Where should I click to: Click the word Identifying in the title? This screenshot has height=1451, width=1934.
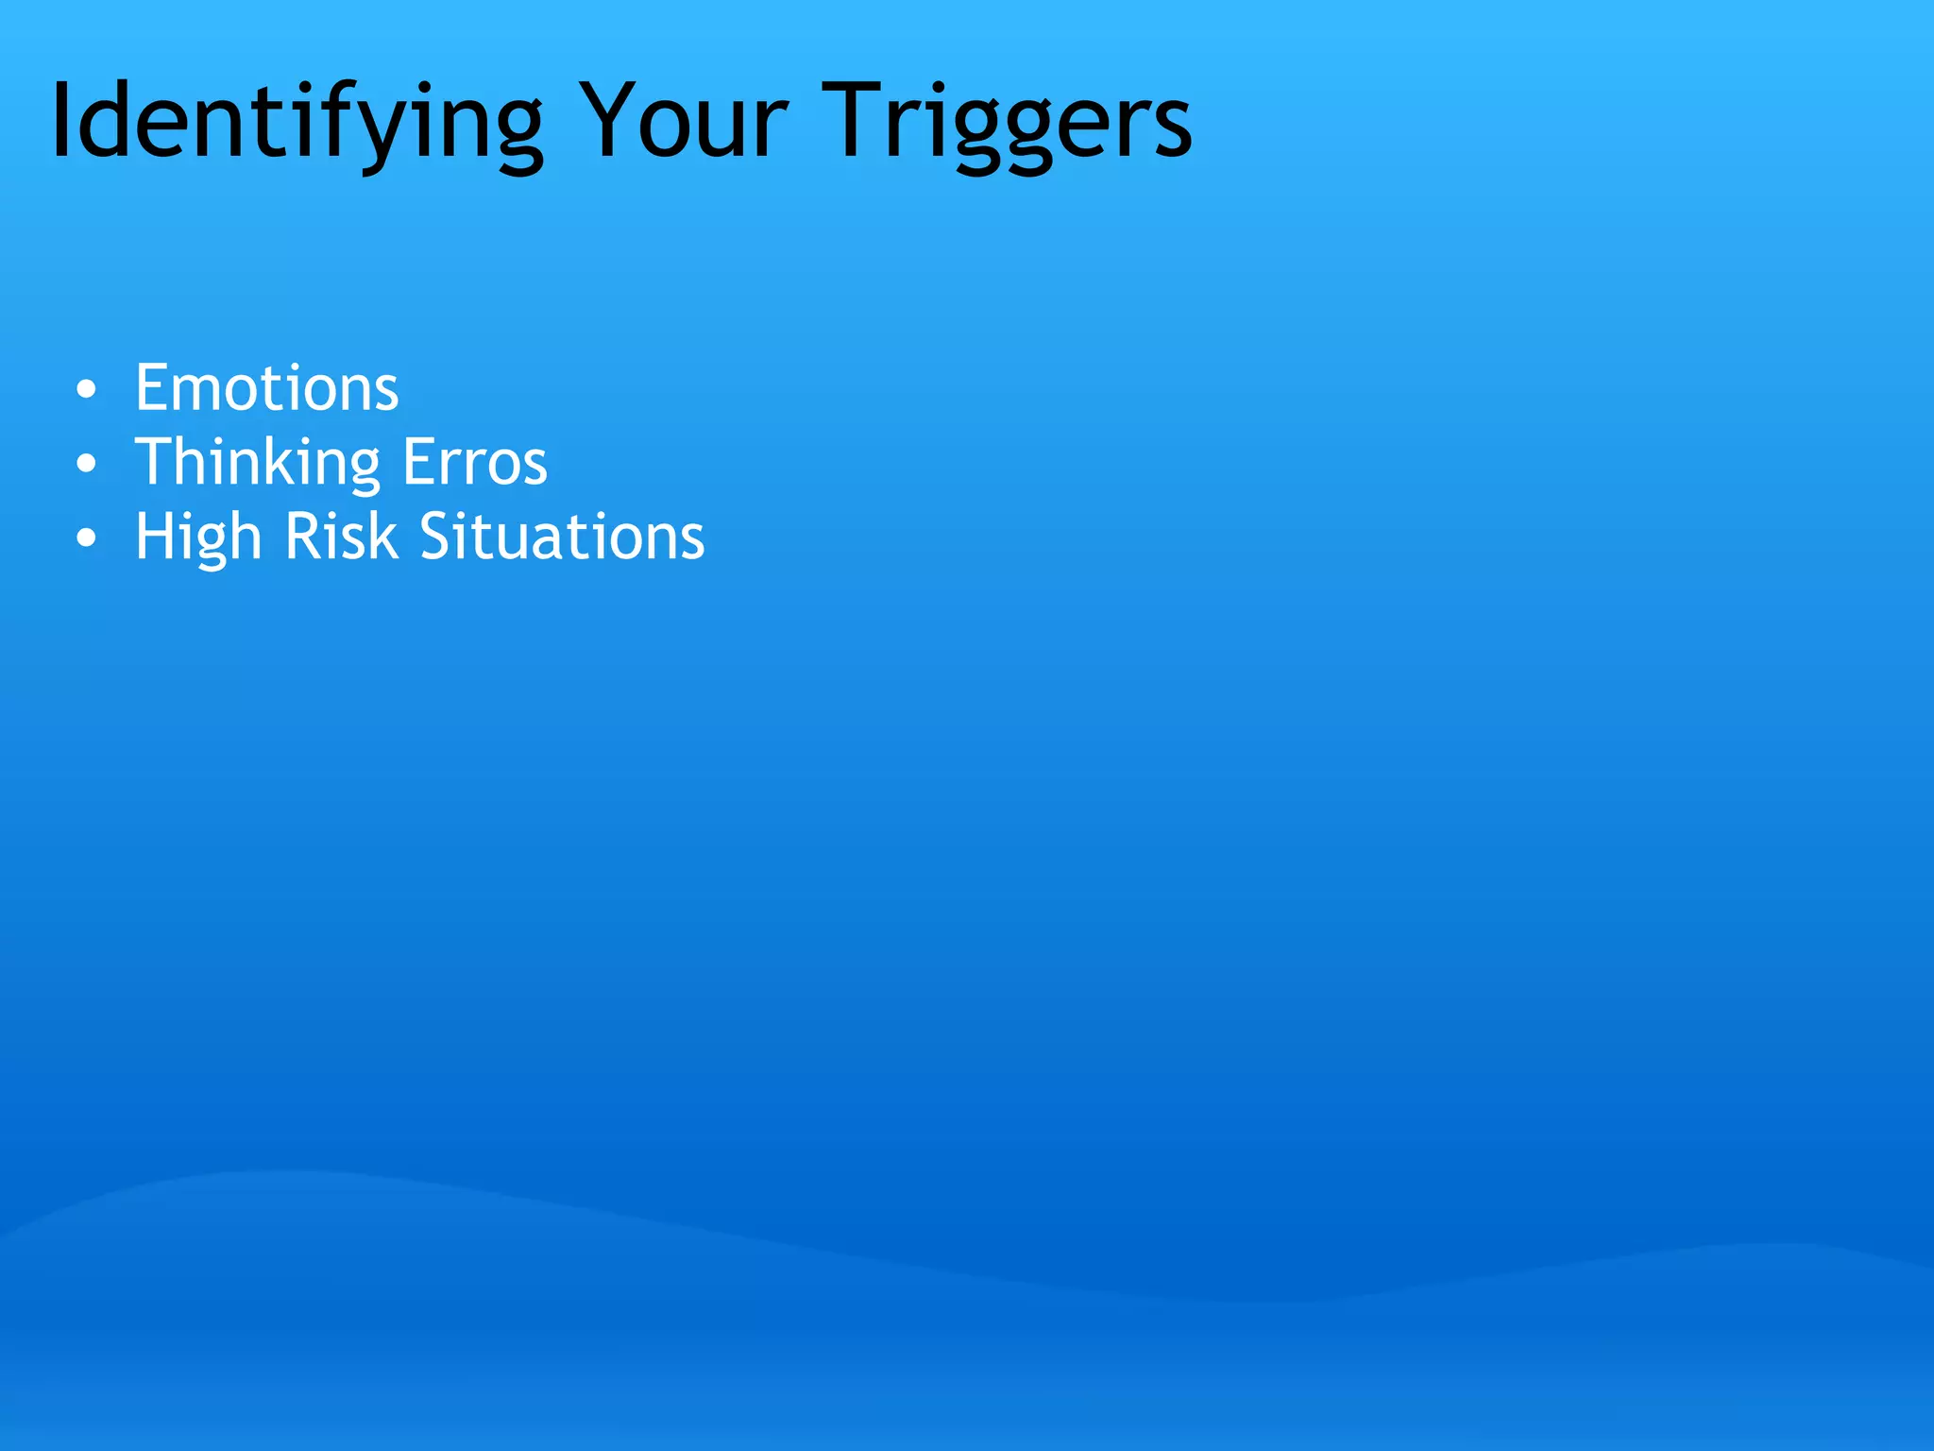pyautogui.click(x=297, y=123)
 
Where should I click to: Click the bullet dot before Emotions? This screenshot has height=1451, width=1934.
pyautogui.click(x=87, y=389)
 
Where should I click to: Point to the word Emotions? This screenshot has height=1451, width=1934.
pyautogui.click(x=266, y=387)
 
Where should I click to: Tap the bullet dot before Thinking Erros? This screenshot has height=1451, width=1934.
pyautogui.click(x=87, y=464)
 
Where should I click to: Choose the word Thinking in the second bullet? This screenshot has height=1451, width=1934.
pyautogui.click(x=257, y=463)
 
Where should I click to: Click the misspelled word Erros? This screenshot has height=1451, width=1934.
pyautogui.click(x=475, y=463)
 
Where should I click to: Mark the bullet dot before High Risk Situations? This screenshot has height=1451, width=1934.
pyautogui.click(x=87, y=538)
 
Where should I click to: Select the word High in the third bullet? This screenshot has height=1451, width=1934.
pyautogui.click(x=197, y=538)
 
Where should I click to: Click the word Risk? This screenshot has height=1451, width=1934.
pyautogui.click(x=341, y=537)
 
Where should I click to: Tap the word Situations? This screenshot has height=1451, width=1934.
pyautogui.click(x=562, y=537)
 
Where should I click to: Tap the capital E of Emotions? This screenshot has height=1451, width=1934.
pyautogui.click(x=152, y=387)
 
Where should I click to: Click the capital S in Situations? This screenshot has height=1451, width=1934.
pyautogui.click(x=437, y=537)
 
